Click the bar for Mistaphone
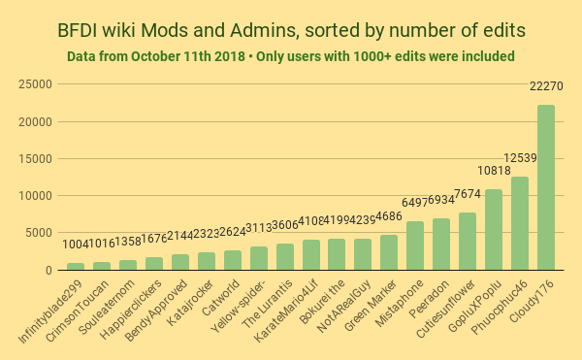coord(415,245)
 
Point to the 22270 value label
coord(546,86)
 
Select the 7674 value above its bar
coord(468,194)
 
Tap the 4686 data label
coord(389,216)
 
